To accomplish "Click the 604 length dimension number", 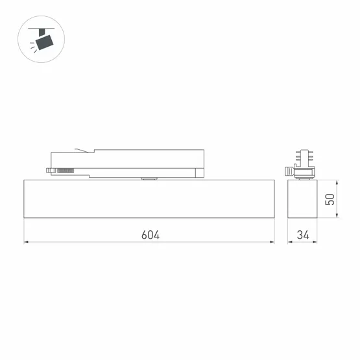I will click(x=150, y=234).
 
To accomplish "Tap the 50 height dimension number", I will click(x=331, y=199).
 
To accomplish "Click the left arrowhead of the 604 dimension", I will click(x=27, y=243).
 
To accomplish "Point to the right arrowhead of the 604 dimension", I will click(x=272, y=243).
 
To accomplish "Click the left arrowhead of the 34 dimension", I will click(x=289, y=243).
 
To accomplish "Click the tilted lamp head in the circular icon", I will click(x=45, y=42).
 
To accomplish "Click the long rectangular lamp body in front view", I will click(x=149, y=198).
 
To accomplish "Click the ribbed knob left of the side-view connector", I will click(x=287, y=171).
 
